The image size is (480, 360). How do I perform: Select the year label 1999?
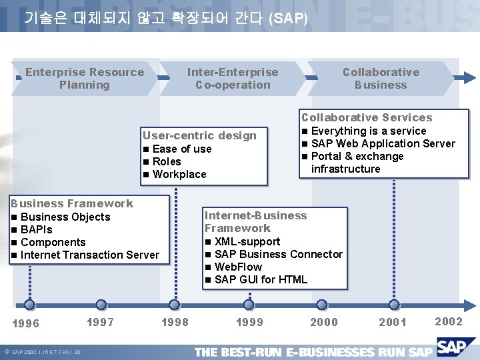[x=249, y=322]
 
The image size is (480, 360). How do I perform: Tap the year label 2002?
[x=448, y=321]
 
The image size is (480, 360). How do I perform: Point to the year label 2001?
[x=392, y=322]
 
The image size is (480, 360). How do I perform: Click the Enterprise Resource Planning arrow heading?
[x=85, y=79]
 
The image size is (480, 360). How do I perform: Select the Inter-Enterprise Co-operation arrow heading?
[x=233, y=79]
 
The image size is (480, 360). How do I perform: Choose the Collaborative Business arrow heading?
[x=381, y=79]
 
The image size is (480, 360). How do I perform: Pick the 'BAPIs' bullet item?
[x=39, y=229]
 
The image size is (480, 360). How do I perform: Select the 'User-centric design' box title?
[x=199, y=135]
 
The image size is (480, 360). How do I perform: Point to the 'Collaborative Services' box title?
[x=367, y=117]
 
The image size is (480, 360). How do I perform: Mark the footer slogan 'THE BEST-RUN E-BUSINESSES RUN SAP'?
[x=313, y=351]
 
